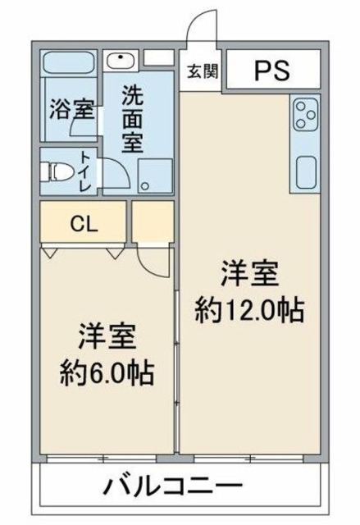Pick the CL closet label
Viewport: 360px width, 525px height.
point(83,223)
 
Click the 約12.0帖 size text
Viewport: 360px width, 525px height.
point(250,309)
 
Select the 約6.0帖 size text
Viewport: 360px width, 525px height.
point(107,374)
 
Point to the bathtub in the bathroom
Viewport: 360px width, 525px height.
point(68,63)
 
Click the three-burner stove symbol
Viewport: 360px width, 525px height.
point(303,115)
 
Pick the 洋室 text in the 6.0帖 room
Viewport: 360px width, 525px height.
point(107,337)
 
